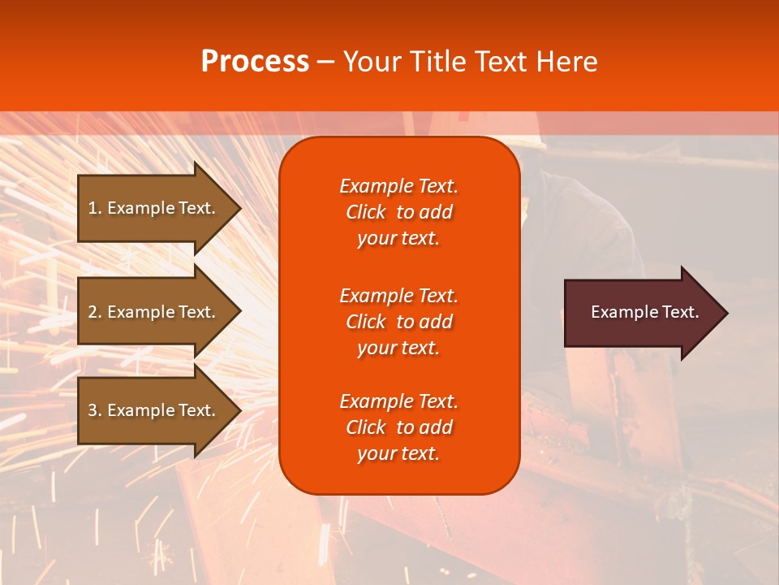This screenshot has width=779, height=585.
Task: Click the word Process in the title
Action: (x=255, y=62)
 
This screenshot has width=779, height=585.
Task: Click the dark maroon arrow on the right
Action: (x=641, y=313)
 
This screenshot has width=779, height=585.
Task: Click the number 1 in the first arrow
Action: (x=93, y=208)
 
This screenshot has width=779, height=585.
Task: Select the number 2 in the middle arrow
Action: (x=93, y=312)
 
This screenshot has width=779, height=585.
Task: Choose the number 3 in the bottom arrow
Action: (x=93, y=410)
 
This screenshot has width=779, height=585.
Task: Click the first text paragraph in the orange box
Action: (x=398, y=212)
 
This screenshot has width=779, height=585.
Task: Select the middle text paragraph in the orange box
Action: (x=398, y=322)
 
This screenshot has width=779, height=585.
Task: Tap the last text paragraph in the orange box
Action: (x=398, y=427)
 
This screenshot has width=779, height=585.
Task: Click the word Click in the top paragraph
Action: (x=365, y=212)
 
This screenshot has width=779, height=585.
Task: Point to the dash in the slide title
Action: (x=325, y=63)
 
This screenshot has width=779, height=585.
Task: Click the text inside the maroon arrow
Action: (x=644, y=312)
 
